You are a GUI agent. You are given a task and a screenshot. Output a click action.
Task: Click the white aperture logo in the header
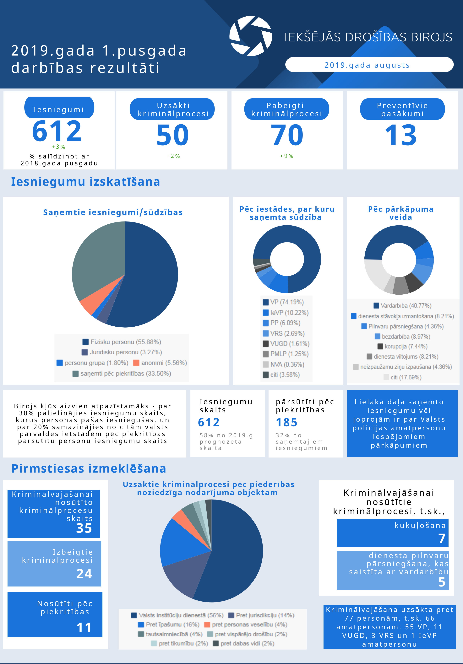[251, 36]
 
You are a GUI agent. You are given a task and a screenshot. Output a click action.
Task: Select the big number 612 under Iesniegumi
[57, 131]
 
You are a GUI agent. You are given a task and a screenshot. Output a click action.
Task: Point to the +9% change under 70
[286, 156]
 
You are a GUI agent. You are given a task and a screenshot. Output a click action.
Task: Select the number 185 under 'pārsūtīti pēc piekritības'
[286, 423]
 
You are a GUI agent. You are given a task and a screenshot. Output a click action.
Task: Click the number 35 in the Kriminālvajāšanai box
[84, 528]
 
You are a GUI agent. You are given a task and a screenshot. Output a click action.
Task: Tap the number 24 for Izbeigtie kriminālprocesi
[84, 574]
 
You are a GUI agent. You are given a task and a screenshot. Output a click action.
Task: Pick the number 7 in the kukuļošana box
[442, 538]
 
